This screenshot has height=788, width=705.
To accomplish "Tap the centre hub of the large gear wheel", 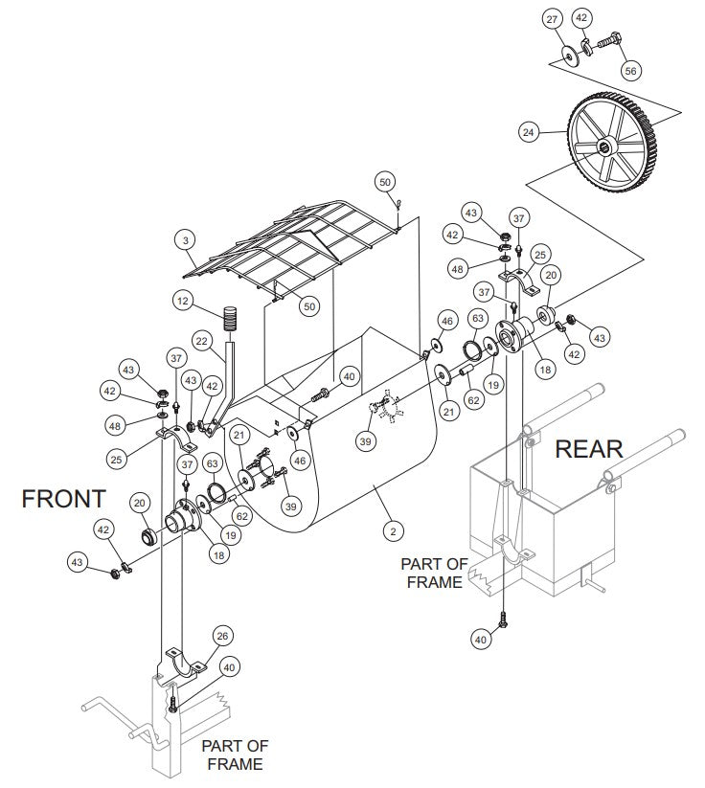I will [x=607, y=146].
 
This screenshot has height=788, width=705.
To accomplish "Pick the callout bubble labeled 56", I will [x=630, y=71].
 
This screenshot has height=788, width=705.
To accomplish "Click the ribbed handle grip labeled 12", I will [x=230, y=317].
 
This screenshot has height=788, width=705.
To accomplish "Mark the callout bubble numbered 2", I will [x=390, y=528].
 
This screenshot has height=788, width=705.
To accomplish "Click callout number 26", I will [x=222, y=635].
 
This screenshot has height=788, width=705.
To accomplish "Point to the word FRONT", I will [x=64, y=499].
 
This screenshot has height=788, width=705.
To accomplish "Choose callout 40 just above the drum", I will [x=350, y=376].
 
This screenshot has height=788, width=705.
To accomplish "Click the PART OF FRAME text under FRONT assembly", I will [x=235, y=754].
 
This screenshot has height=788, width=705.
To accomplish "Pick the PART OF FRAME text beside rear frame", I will [x=434, y=573].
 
